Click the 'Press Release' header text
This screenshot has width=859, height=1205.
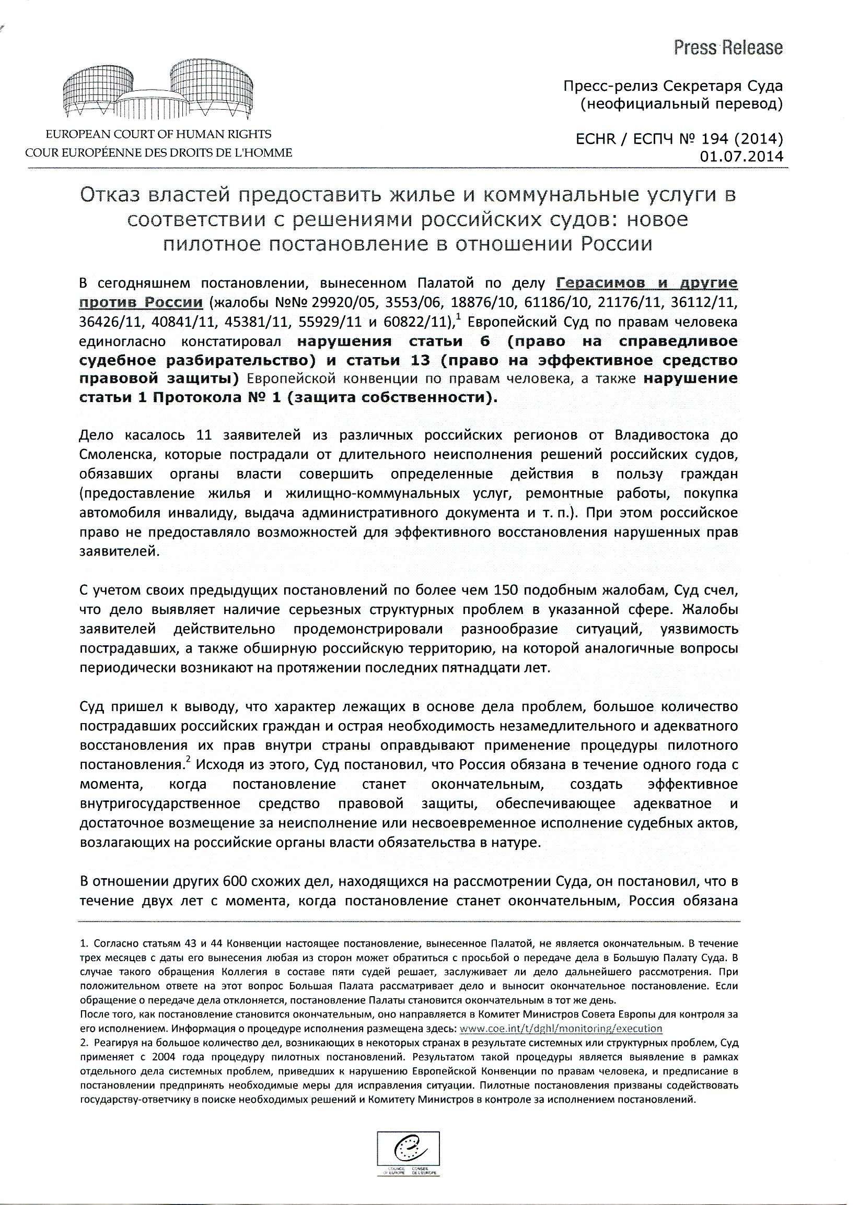[x=728, y=48]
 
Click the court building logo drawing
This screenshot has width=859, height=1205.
[x=158, y=90]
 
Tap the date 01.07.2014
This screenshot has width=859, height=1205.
[x=740, y=157]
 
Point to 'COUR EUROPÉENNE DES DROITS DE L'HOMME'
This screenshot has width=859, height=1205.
[x=158, y=153]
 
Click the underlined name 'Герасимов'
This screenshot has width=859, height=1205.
[x=600, y=283]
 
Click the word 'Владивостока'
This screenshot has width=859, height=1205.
[x=659, y=435]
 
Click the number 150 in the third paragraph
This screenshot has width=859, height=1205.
[x=506, y=590]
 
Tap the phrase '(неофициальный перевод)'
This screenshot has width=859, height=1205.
[x=681, y=104]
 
